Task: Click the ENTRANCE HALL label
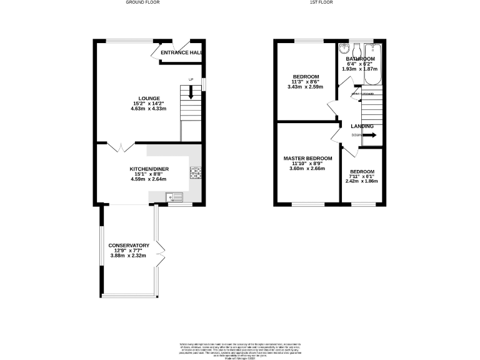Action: [181, 53]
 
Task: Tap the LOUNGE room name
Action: [149, 98]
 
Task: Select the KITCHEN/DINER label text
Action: [149, 169]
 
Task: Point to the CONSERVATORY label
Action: [128, 246]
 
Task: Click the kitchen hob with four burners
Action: [195, 173]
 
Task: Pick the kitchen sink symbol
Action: [174, 197]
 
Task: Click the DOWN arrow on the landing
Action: [369, 134]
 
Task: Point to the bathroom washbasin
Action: [344, 49]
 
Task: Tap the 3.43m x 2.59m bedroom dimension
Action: [306, 87]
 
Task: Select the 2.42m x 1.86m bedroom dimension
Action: [362, 181]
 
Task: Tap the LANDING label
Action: [362, 126]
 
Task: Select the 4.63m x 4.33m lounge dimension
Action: [149, 109]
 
